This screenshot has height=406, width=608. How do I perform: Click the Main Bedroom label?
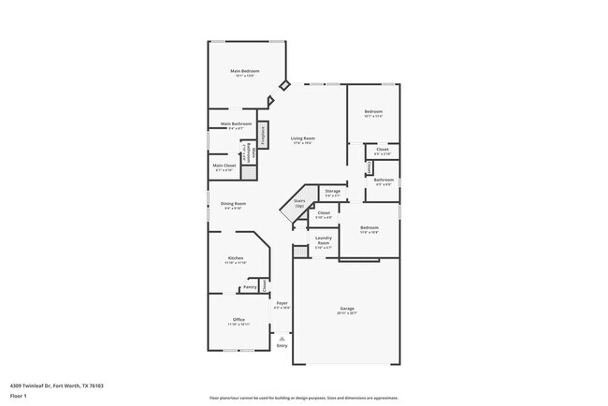point(244,71)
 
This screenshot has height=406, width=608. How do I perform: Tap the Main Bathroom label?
point(238,123)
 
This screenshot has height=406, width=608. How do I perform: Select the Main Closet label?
point(224,167)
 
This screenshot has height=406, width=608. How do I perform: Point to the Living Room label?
point(302,138)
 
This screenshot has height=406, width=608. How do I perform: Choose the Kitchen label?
point(236,258)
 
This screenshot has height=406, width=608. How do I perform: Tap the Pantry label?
point(250,287)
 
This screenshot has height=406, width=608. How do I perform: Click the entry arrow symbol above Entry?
point(282,339)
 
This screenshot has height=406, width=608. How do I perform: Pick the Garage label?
point(347,308)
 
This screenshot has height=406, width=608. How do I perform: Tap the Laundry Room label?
point(324,240)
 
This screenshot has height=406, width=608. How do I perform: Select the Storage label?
point(332,191)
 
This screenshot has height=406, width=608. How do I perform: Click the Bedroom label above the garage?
point(369,227)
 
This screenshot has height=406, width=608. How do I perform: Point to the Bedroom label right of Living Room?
point(372,112)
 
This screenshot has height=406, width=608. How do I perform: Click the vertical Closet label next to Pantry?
point(264,284)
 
